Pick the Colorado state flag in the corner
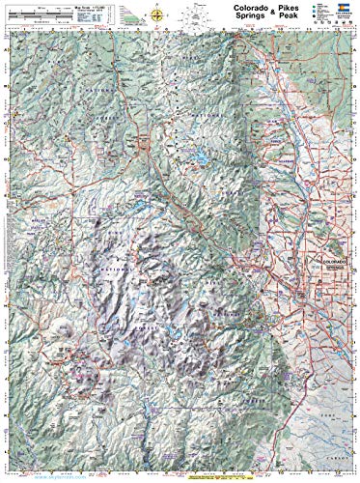pos(345,16)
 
